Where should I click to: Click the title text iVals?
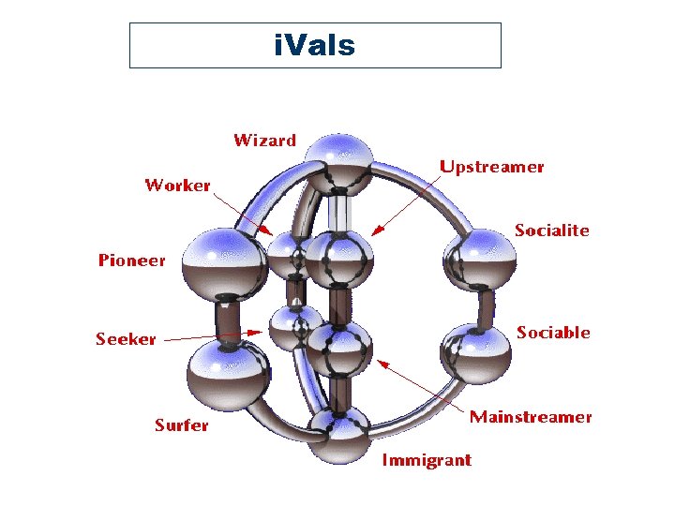pos(314,45)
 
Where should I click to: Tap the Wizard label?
pos(264,141)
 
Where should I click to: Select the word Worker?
pos(177,185)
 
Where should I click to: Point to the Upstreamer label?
pos(491,167)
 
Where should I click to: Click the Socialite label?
pos(552,230)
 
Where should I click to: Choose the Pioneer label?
pos(131,260)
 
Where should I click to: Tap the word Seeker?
pos(126,338)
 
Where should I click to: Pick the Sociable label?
pos(553,333)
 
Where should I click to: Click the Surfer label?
pos(181,425)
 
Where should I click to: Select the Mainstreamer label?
pos(531,416)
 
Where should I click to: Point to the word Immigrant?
pos(427,459)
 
